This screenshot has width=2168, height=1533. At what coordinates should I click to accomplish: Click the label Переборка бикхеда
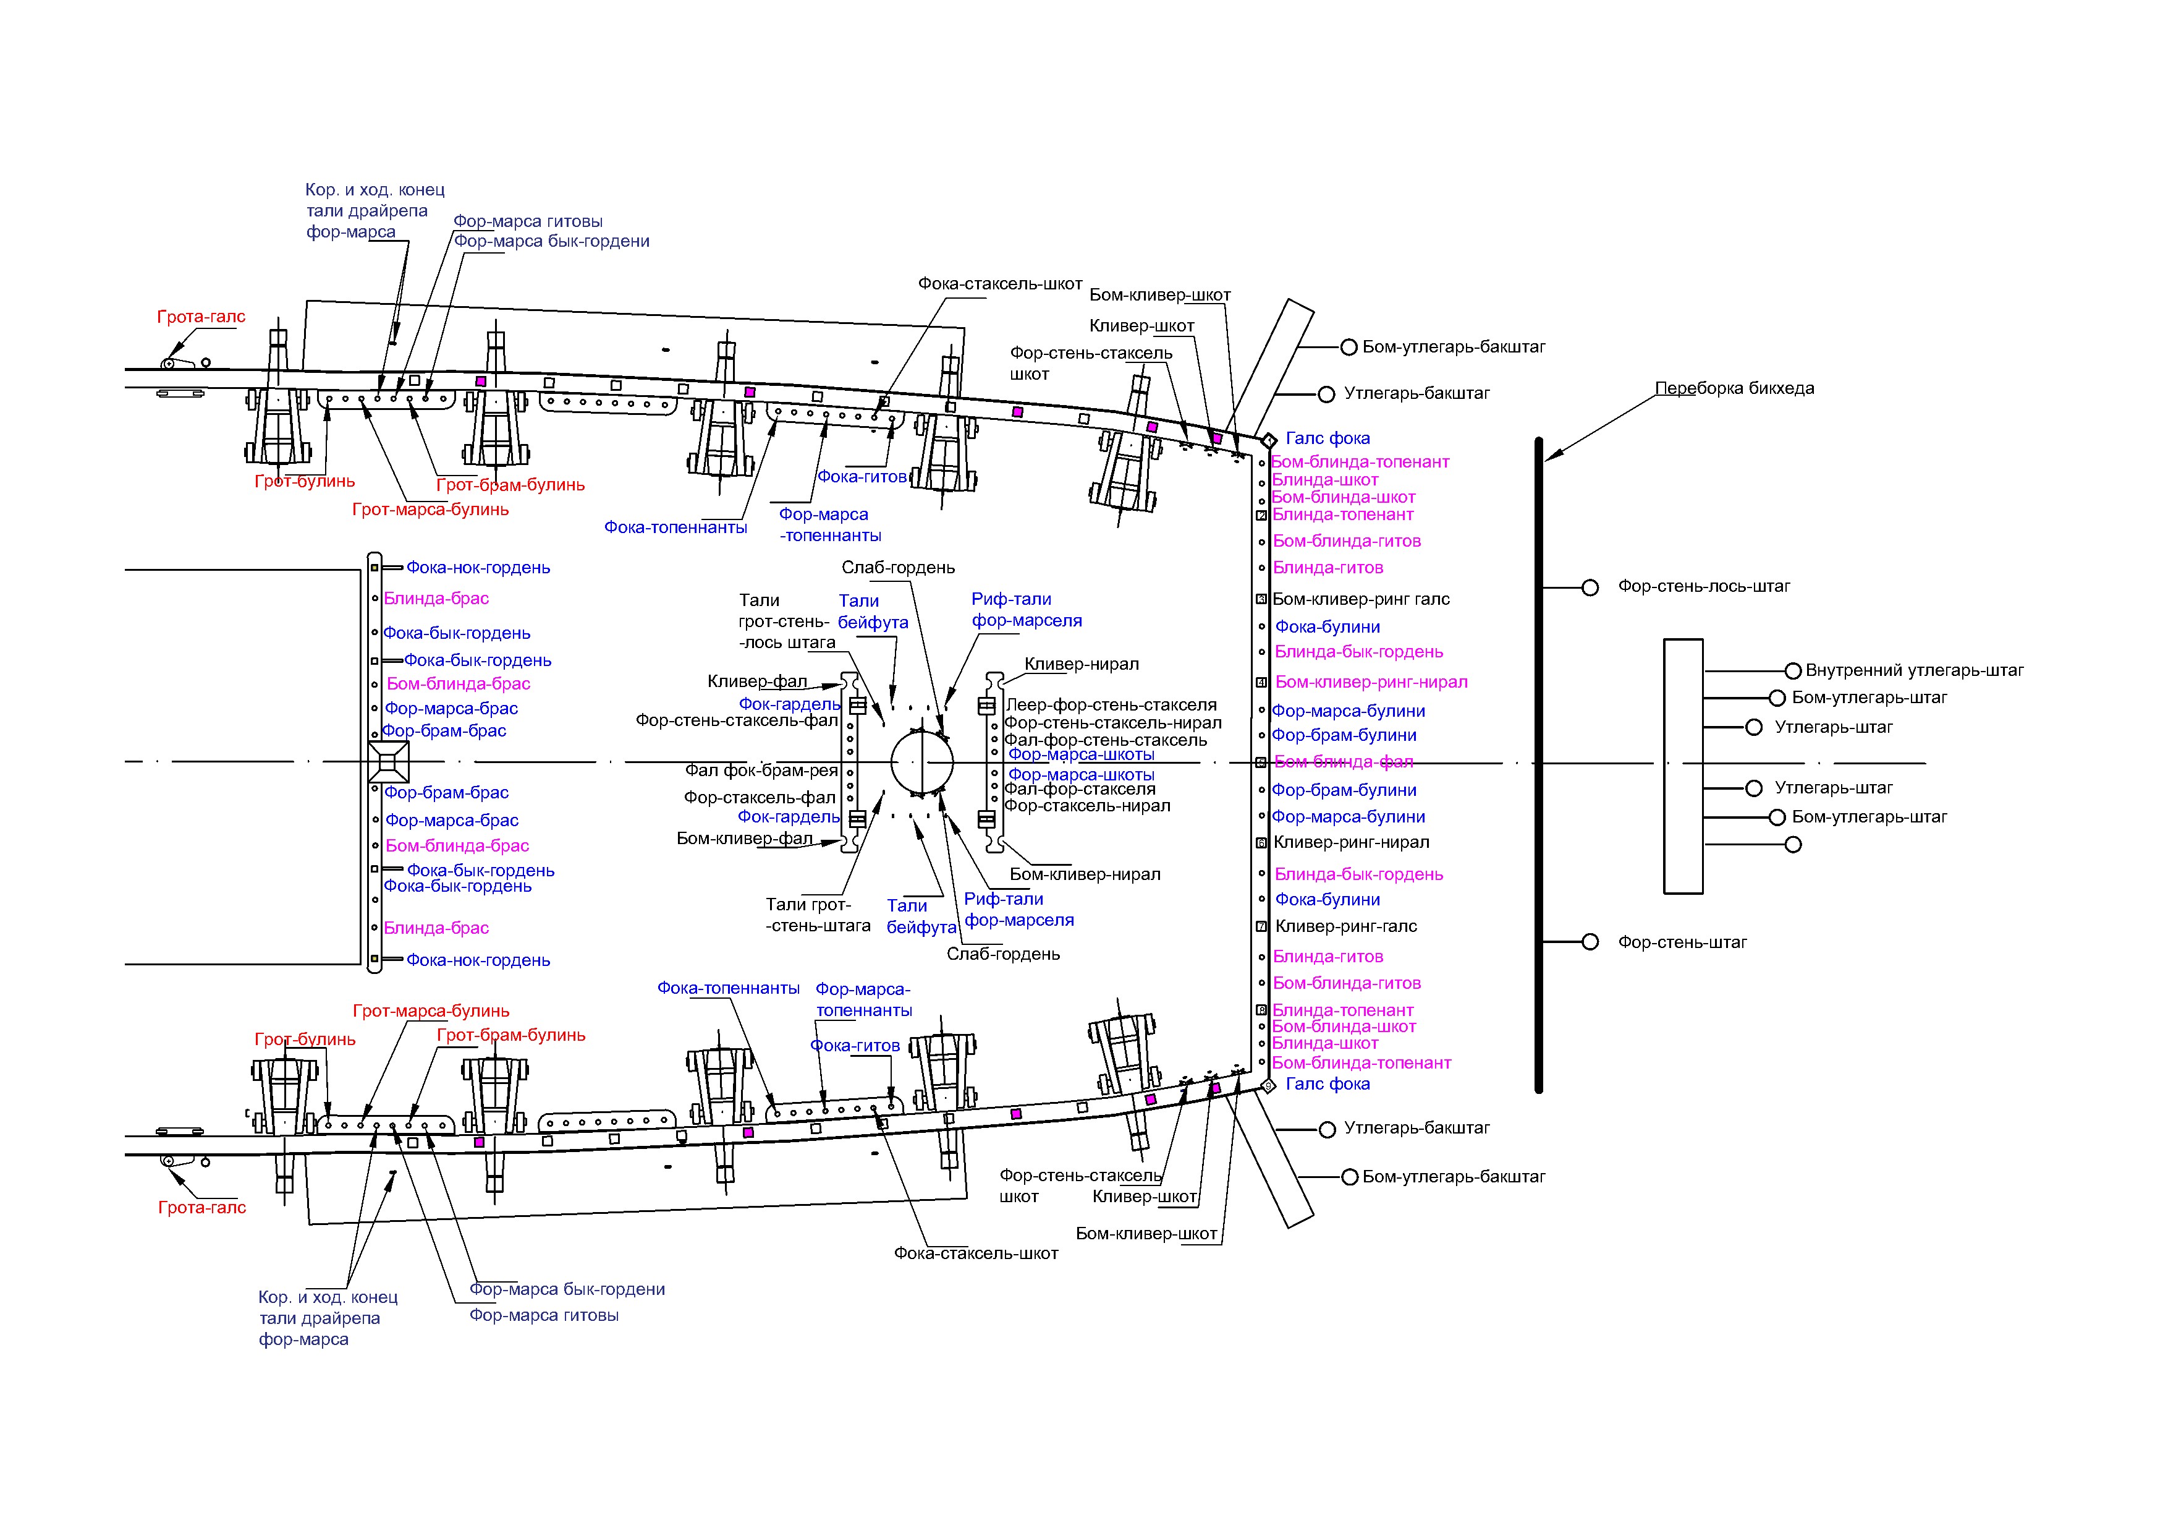click(x=1734, y=388)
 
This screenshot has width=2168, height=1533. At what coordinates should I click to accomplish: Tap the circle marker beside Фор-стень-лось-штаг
click(x=1590, y=587)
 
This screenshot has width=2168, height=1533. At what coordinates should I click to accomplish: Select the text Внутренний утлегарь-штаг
click(x=1914, y=670)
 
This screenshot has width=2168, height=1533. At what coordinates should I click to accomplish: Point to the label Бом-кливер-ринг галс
click(x=1361, y=599)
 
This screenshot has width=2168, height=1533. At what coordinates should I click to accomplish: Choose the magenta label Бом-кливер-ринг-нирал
click(x=1371, y=682)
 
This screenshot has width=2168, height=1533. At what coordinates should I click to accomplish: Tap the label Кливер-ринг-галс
click(x=1345, y=926)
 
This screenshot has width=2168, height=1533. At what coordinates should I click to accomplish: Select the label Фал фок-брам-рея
click(x=761, y=771)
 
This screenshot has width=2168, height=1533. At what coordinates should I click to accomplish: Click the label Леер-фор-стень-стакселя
click(x=1111, y=704)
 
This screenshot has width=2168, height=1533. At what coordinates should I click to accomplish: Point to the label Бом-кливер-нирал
click(x=1085, y=874)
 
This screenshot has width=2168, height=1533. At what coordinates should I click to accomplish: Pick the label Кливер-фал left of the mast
click(x=757, y=681)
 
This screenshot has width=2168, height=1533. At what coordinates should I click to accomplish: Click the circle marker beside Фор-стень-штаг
click(x=1590, y=942)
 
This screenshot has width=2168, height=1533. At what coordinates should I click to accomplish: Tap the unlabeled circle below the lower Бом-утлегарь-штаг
click(x=1793, y=845)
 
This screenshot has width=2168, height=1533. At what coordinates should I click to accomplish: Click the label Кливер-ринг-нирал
click(x=1351, y=842)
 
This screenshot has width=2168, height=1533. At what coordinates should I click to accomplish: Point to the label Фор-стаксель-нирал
click(x=1087, y=806)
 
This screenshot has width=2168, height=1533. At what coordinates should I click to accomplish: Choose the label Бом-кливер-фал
click(x=744, y=839)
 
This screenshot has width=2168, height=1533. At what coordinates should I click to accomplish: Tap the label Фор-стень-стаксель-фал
click(x=737, y=720)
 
